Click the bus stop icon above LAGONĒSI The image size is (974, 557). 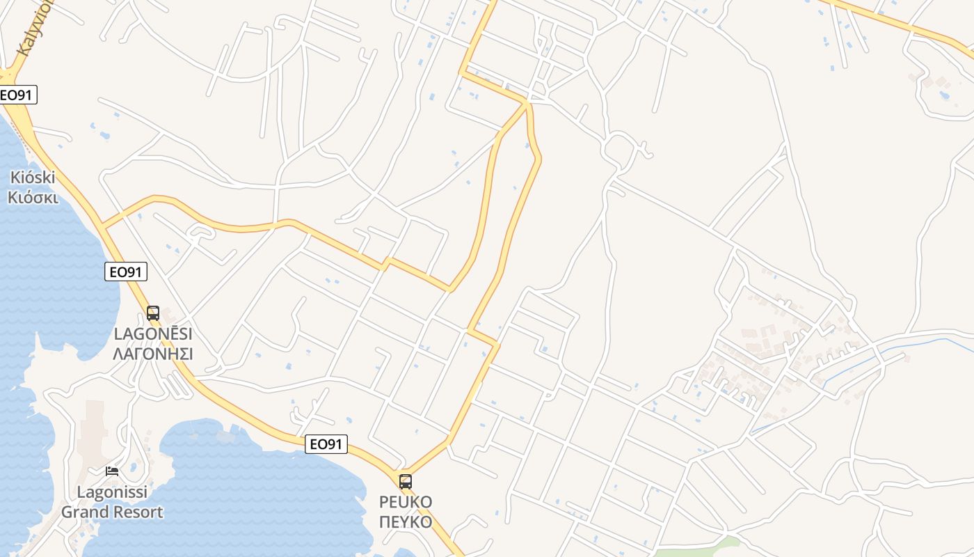point(153,313)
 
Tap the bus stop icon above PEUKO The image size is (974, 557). point(405,481)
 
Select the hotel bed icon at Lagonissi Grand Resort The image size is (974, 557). point(112,471)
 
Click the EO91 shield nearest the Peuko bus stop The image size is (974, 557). point(326,444)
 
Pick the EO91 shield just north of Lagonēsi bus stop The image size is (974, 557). point(126,272)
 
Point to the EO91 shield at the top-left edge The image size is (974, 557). point(17,95)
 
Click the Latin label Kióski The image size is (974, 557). point(33,178)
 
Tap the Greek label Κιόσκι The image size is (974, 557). point(33,197)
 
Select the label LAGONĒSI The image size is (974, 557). point(153,334)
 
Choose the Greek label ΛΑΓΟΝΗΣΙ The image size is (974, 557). point(153,354)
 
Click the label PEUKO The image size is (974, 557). point(406,502)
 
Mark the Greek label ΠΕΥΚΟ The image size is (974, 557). point(406,521)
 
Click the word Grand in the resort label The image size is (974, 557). point(86,512)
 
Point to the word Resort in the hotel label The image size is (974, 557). point(138,512)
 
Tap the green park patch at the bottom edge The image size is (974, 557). point(696,550)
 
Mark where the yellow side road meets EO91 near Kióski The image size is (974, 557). point(102,226)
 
